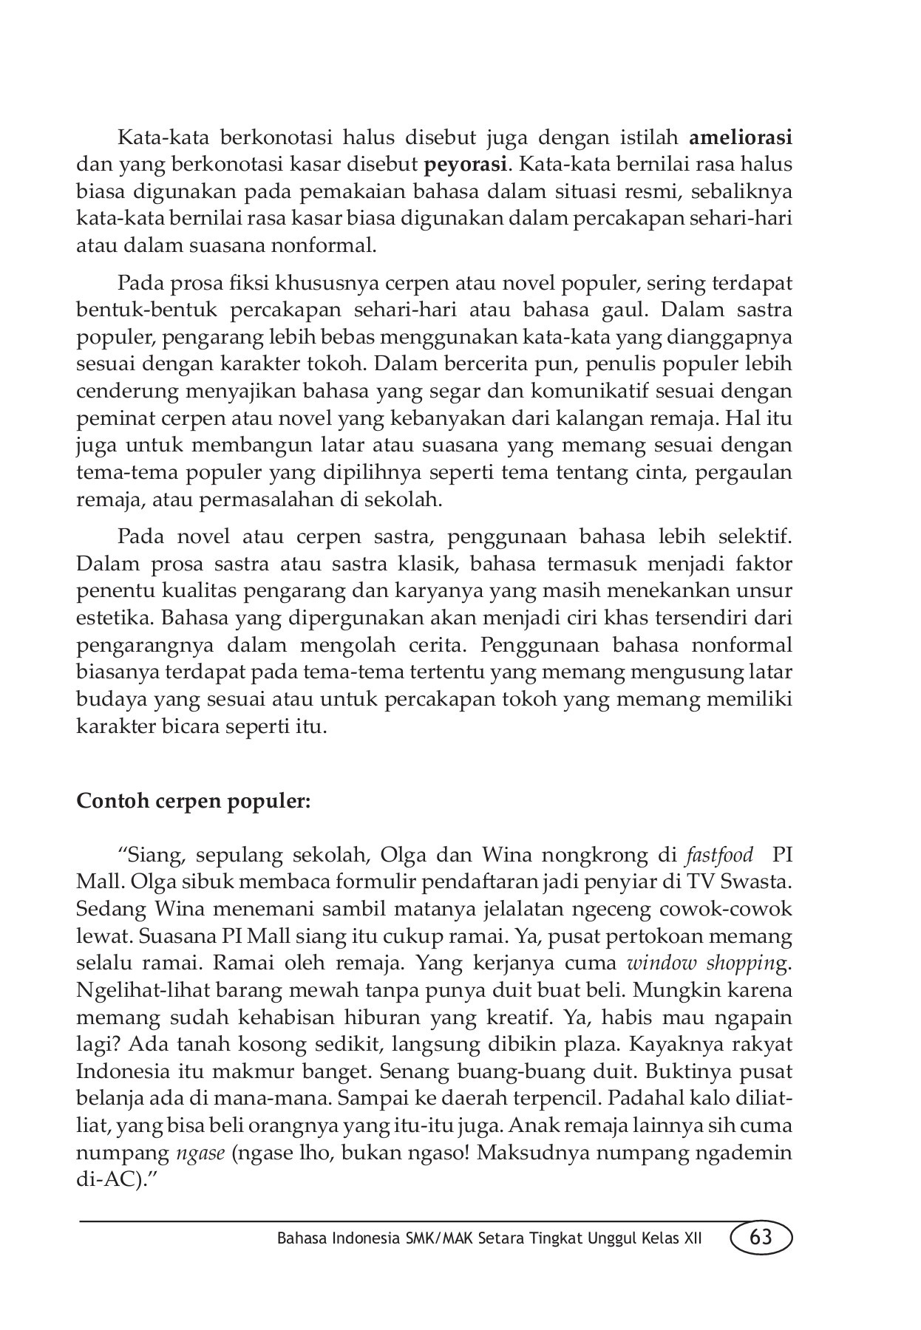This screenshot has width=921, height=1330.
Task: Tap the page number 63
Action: [761, 1237]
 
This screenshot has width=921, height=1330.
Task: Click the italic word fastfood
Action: [719, 856]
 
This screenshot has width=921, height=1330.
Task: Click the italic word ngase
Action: [200, 1153]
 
